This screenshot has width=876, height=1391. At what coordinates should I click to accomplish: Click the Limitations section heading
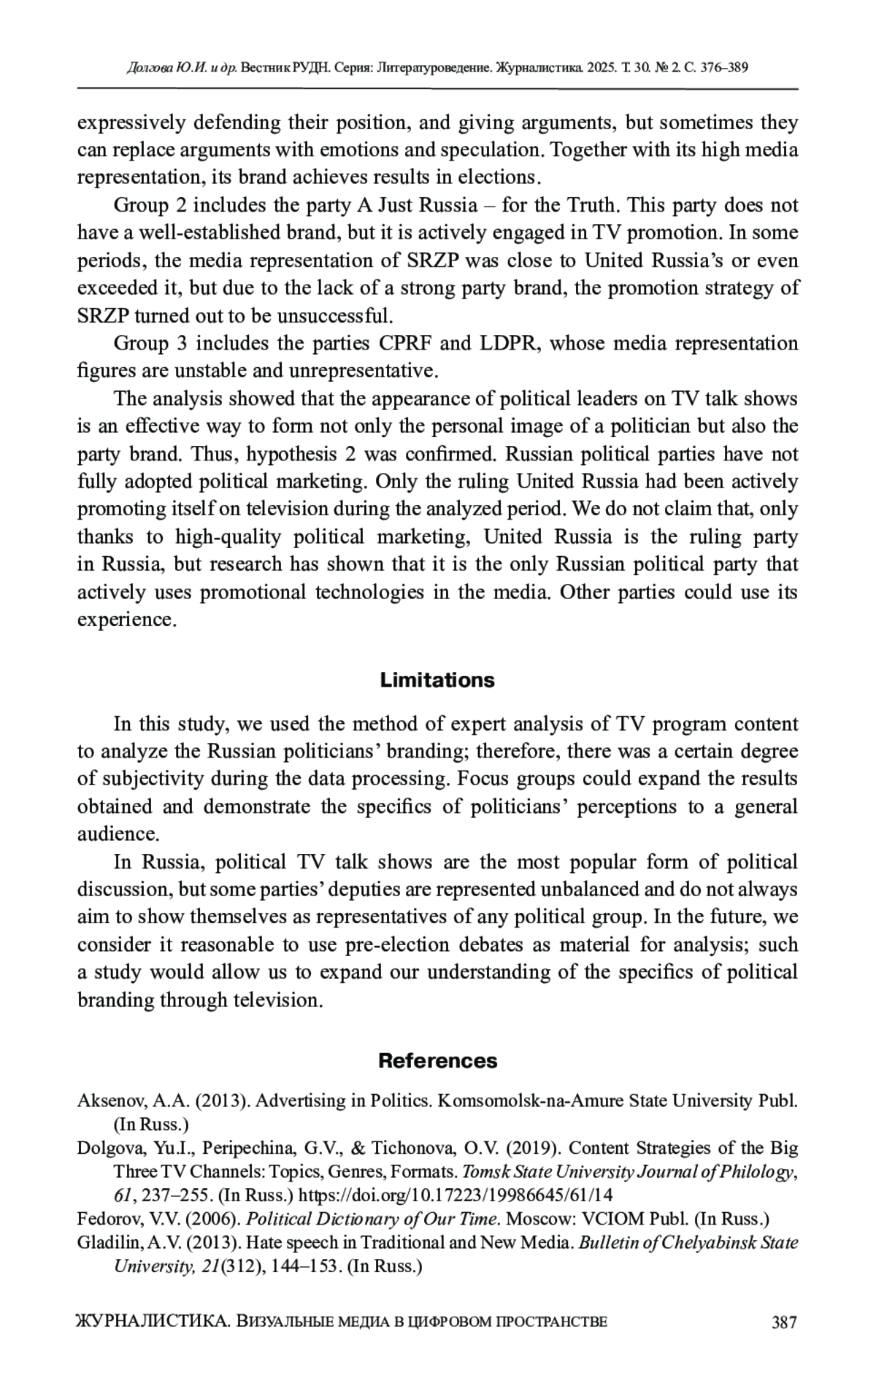[437, 680]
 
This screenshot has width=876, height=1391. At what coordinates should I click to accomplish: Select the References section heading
[437, 1060]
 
